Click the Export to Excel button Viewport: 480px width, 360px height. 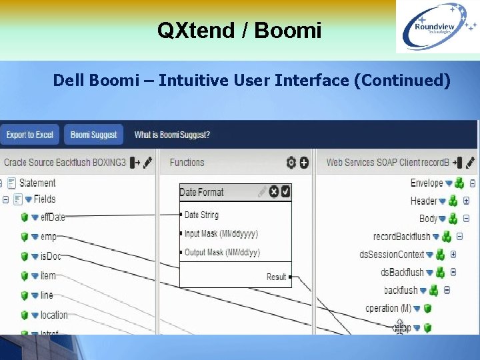click(29, 135)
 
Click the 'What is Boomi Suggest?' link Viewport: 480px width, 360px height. click(172, 135)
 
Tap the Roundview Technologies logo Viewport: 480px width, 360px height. click(437, 27)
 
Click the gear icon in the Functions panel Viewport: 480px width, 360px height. click(291, 162)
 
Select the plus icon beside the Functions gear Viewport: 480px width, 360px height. click(304, 162)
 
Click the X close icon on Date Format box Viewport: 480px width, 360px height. click(274, 192)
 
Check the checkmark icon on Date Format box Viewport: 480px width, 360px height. click(285, 192)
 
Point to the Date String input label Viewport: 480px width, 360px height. click(201, 215)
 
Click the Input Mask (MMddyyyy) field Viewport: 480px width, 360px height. click(221, 234)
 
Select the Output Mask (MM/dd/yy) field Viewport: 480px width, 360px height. click(222, 253)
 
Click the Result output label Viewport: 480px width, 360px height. click(276, 277)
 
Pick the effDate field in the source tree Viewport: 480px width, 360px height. click(53, 217)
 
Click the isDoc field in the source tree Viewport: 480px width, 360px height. click(51, 256)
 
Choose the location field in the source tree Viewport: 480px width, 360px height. click(54, 315)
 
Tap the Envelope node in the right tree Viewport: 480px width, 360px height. click(427, 183)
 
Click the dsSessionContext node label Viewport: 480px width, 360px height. click(392, 254)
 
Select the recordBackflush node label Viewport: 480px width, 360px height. click(402, 236)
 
